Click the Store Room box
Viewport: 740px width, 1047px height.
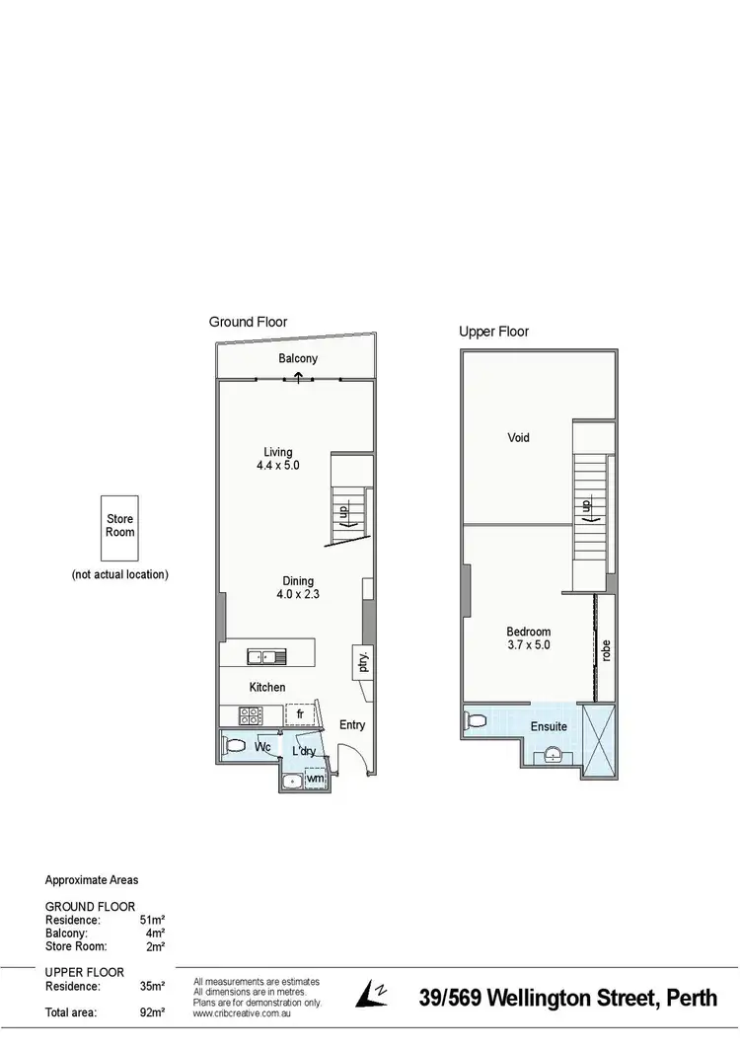[x=120, y=526]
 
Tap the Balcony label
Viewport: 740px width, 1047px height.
[x=298, y=359]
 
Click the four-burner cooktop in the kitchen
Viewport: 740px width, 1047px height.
[x=250, y=715]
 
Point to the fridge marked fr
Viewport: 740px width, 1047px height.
[x=299, y=713]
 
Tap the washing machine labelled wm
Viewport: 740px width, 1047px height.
[x=316, y=780]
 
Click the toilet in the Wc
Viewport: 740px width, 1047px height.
[x=234, y=746]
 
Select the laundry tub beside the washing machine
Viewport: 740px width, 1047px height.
[x=291, y=782]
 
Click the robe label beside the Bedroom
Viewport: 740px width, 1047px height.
[x=606, y=650]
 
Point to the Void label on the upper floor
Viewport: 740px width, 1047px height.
[x=518, y=437]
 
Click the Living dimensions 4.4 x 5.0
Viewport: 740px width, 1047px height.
[x=278, y=467]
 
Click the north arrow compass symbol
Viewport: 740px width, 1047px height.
[x=373, y=994]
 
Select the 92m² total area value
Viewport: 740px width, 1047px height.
[x=153, y=1012]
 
